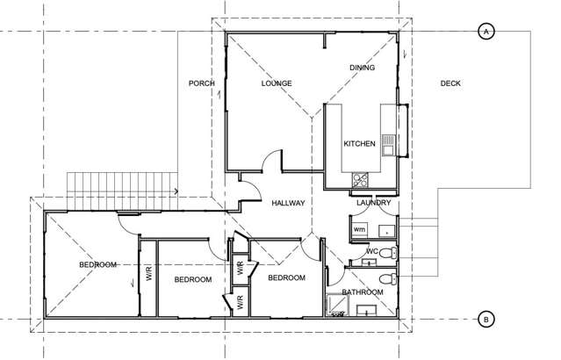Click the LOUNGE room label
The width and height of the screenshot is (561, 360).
276,83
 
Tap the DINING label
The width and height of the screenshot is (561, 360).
363,67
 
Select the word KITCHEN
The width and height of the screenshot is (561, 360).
359,143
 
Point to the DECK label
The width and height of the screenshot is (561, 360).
450,83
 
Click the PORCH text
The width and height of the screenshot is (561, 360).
202,83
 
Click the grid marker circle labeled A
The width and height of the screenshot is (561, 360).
485,32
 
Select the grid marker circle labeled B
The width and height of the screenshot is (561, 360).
485,319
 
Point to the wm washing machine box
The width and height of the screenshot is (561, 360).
359,230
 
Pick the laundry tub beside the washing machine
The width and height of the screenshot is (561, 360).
385,230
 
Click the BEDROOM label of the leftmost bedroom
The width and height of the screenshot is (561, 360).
97,264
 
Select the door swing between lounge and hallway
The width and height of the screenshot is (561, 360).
273,162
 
